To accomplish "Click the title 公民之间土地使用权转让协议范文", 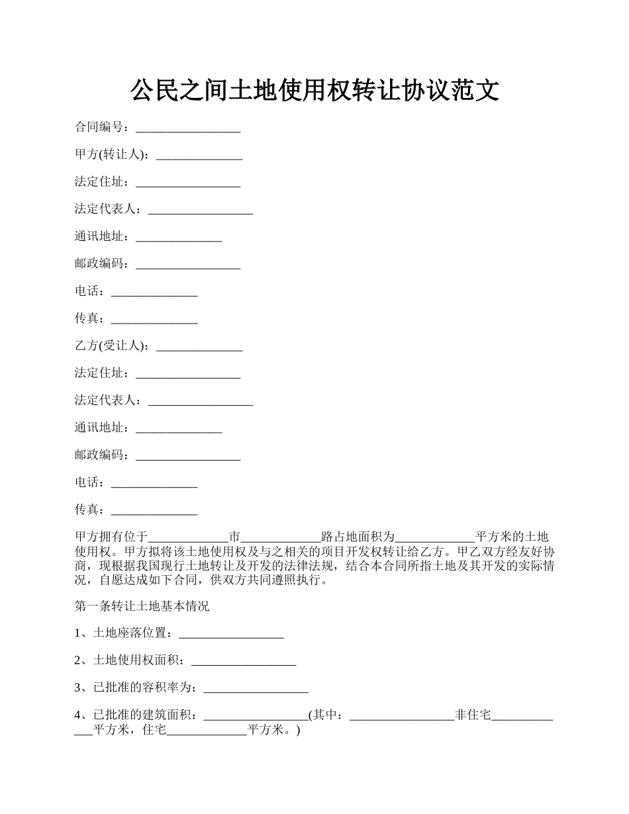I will click(314, 90).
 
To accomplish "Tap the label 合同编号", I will click(101, 127).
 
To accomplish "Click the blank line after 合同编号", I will click(188, 129).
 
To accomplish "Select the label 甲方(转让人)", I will click(111, 155).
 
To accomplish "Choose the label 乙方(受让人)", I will click(111, 346).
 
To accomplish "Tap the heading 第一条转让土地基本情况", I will click(142, 606).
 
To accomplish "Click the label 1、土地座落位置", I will click(124, 633).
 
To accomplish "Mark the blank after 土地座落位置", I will click(231, 635).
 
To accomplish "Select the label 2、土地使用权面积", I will click(130, 660).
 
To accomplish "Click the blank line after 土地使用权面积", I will click(243, 662).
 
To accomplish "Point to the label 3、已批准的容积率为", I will click(136, 688).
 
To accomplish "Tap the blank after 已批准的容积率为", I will click(256, 690).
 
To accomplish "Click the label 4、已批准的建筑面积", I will click(136, 715).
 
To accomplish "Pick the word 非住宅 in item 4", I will click(473, 715).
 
